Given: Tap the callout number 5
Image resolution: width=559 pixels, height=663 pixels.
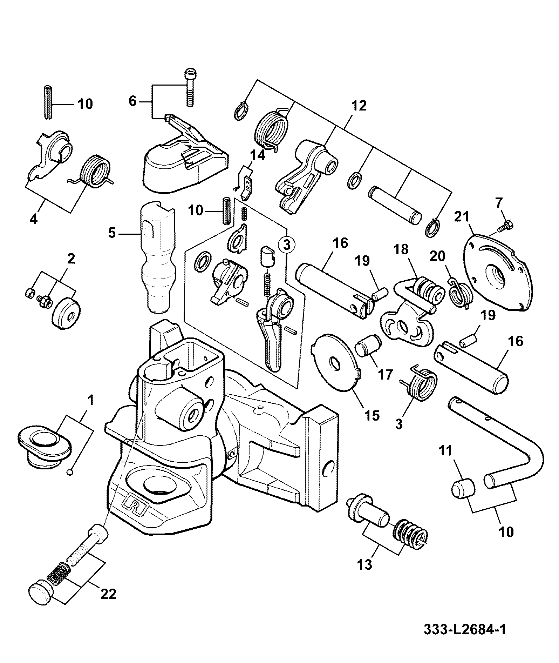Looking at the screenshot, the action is (x=111, y=233).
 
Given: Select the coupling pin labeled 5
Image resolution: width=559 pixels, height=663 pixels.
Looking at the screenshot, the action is (x=158, y=256).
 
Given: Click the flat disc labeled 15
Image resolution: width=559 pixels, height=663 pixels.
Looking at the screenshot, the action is (x=336, y=362).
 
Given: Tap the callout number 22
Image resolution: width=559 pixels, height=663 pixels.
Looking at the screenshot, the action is (x=108, y=594).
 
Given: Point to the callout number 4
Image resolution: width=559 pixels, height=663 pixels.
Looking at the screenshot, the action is (x=33, y=219).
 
